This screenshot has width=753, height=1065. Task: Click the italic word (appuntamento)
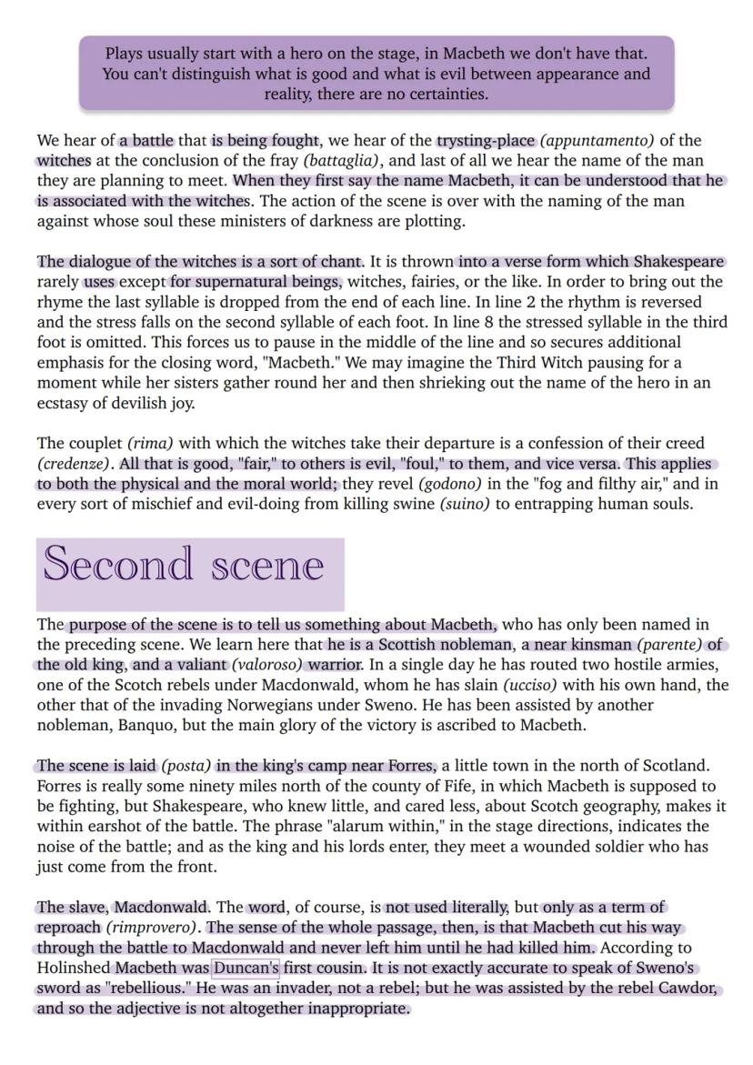[597, 140]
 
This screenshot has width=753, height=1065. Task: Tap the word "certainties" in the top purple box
[444, 94]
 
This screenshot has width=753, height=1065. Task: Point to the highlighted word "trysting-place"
[487, 140]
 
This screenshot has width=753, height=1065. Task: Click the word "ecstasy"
[65, 403]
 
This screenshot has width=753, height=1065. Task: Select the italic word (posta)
[186, 766]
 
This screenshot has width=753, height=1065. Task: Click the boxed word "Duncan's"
[246, 968]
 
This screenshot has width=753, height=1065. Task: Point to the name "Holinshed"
[75, 968]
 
